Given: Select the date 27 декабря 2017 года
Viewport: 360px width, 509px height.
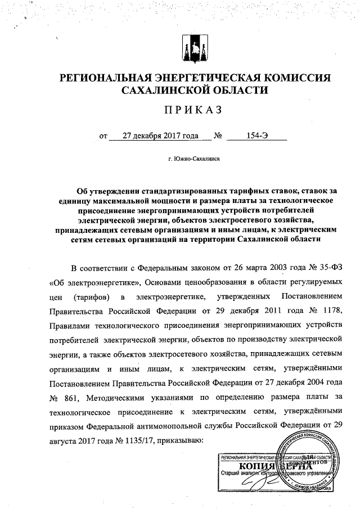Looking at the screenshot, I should click(154, 136).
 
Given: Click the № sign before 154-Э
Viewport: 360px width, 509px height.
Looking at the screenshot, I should click(217, 136).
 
